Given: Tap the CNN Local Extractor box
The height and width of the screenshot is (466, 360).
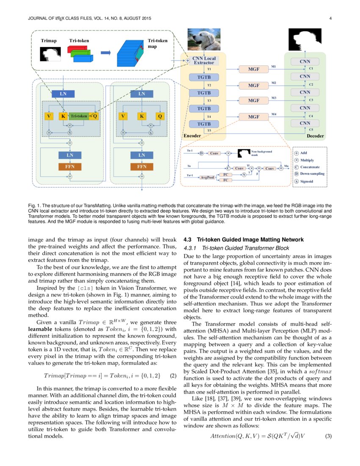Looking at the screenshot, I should [x=204, y=61].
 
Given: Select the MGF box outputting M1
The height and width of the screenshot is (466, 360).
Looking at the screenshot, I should [x=254, y=69].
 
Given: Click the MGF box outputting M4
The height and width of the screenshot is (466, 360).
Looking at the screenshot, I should [x=254, y=116].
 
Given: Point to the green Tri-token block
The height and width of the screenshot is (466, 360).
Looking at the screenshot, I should [x=79, y=116].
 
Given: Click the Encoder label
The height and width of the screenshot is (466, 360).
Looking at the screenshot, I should [x=192, y=136].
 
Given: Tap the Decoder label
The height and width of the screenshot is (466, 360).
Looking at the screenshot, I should [x=315, y=136].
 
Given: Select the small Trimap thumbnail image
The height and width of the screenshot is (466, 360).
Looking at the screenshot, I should [x=48, y=54].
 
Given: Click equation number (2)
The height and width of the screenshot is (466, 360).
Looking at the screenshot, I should [x=173, y=376].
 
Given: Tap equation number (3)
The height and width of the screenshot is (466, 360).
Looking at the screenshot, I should [x=328, y=436].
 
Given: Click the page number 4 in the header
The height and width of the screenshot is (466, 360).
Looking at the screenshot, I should [x=330, y=19].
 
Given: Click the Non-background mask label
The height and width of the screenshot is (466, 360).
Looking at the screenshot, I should [x=262, y=153].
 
